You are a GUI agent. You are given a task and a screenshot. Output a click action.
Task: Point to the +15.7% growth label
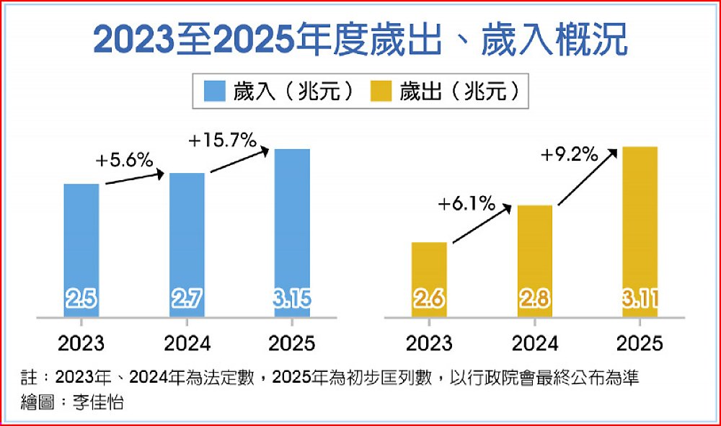click(x=222, y=141)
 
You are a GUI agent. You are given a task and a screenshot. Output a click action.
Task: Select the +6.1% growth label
click(x=466, y=205)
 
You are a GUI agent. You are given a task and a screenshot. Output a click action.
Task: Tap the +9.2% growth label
click(x=570, y=155)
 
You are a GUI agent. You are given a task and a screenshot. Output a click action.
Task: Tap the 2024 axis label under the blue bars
click(x=187, y=342)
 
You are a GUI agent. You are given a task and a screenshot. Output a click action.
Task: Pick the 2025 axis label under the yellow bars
click(x=640, y=342)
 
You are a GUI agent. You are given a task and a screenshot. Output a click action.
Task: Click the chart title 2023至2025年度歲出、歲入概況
click(x=360, y=42)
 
